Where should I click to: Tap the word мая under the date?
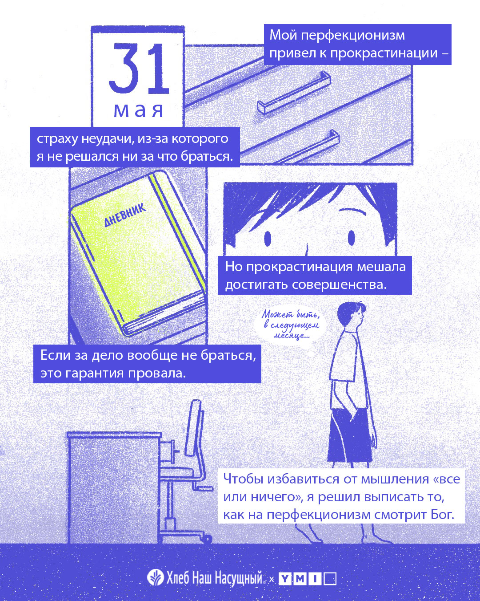pos(138,110)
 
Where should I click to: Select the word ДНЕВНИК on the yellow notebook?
pos(125,215)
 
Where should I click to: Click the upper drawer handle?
pos(294,92)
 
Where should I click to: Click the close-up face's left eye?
pos(268,238)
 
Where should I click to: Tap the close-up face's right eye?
pos(351,238)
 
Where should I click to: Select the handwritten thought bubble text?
pos(290,325)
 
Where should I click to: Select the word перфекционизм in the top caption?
pos(353,36)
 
